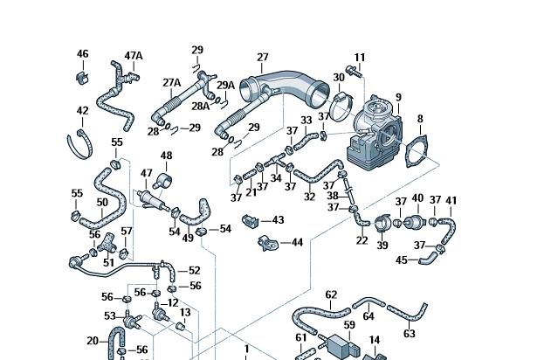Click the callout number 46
(x=83, y=54)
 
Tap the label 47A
(x=134, y=56)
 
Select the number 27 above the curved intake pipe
(x=263, y=57)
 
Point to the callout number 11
(x=359, y=57)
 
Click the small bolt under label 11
(x=353, y=71)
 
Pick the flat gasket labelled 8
(x=417, y=151)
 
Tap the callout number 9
(x=398, y=97)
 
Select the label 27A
(x=171, y=83)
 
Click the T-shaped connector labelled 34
(x=275, y=161)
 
